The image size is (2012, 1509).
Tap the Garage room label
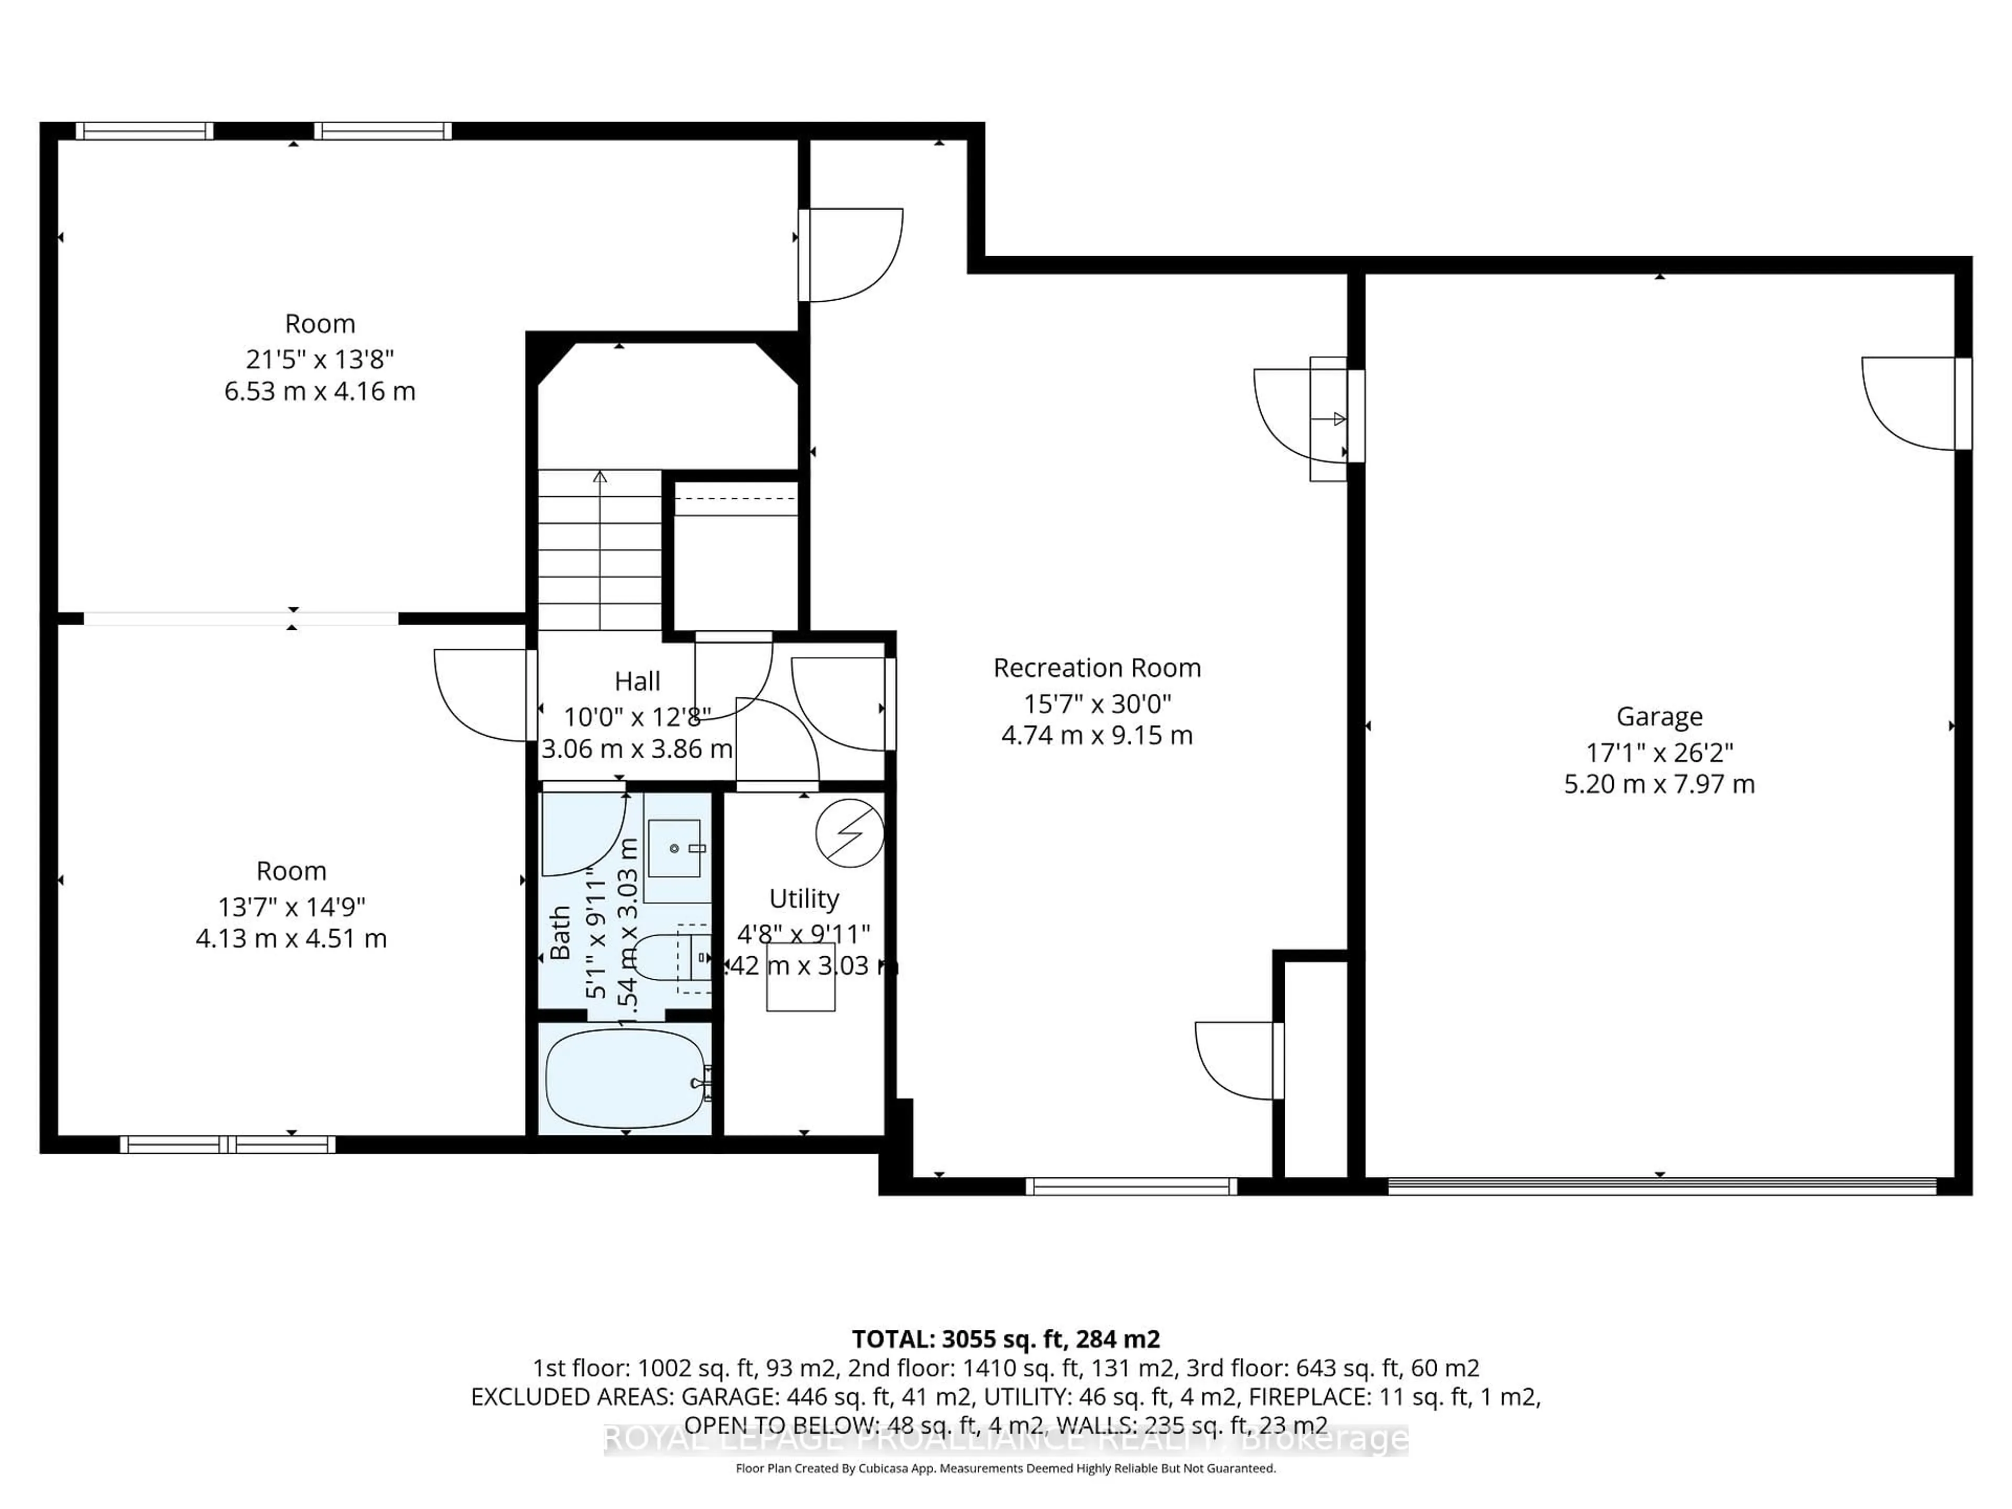tap(1658, 717)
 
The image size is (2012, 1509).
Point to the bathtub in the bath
tap(625, 1078)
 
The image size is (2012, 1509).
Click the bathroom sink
tap(675, 848)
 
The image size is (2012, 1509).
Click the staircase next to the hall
tap(599, 550)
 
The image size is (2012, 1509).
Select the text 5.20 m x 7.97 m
tap(1658, 784)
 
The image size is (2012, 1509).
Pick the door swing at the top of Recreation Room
tap(850, 255)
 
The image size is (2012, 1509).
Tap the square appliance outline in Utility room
tap(801, 977)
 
